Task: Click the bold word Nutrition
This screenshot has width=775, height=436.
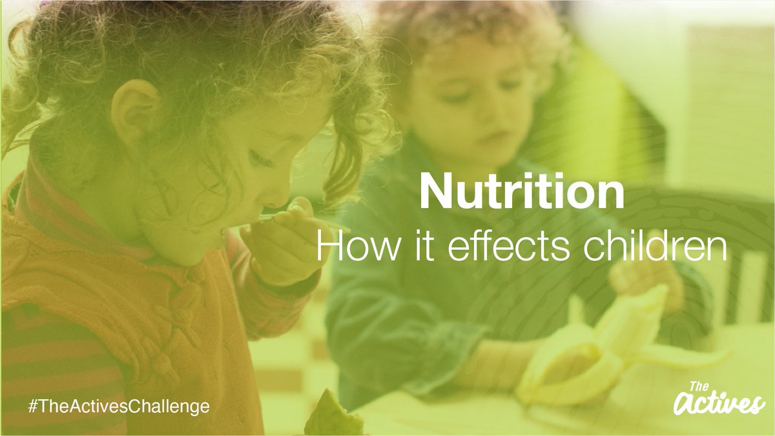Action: tap(522, 192)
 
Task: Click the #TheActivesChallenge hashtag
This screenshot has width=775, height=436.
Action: tap(119, 406)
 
